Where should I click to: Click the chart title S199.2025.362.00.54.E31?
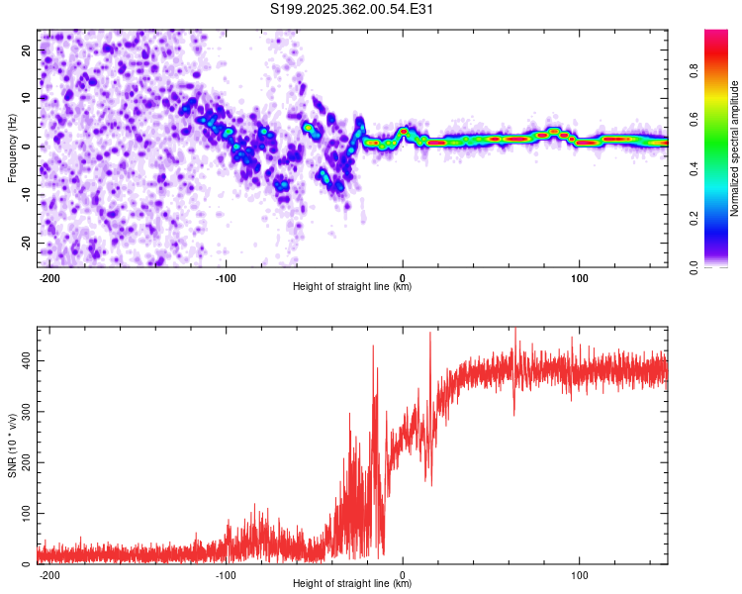tap(352, 9)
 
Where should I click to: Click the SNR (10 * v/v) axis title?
tap(12, 445)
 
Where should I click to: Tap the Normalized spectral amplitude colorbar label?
tap(735, 149)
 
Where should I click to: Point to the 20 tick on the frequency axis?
tap(27, 49)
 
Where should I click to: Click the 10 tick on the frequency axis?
tap(27, 98)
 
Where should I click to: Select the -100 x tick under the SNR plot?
tap(226, 573)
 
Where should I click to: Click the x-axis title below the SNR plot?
tap(352, 584)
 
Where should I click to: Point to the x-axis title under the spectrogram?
tap(352, 286)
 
